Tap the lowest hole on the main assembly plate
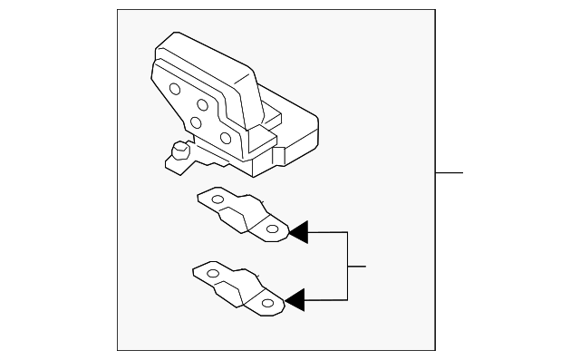coord(225,138)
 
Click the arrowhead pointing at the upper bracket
coord(298,233)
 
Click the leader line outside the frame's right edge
coord(449,171)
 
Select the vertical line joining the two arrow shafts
coord(348,266)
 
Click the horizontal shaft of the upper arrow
coord(328,233)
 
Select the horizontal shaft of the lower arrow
coord(326,299)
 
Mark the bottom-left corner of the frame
coord(118,350)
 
